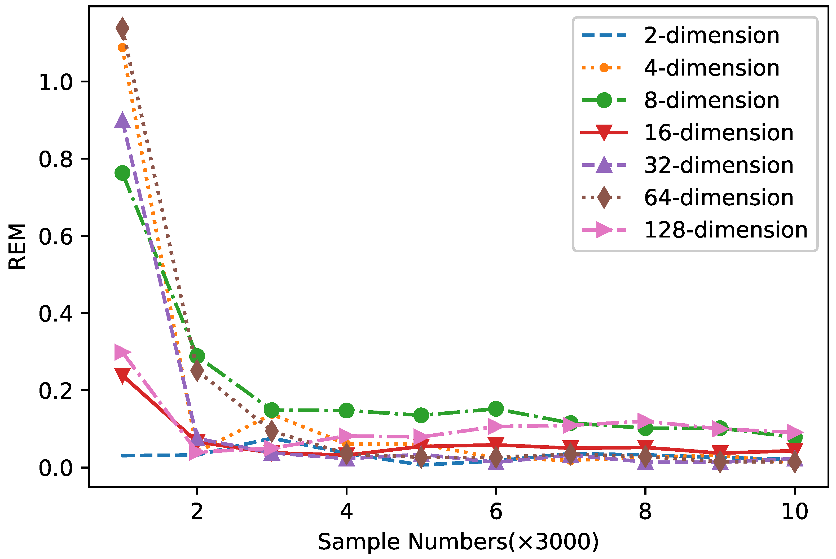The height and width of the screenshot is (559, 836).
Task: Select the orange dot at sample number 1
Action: [x=122, y=47]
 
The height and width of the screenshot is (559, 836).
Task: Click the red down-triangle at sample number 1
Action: [x=122, y=375]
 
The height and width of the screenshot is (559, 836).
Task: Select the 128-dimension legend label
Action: [x=725, y=230]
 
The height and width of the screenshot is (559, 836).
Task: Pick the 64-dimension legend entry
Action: [x=718, y=197]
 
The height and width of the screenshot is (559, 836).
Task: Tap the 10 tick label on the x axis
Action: [x=795, y=512]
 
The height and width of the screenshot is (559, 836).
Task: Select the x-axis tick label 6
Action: [x=496, y=512]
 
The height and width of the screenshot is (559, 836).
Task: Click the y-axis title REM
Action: [x=17, y=246]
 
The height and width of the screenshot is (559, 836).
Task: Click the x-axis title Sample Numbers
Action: [x=458, y=542]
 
